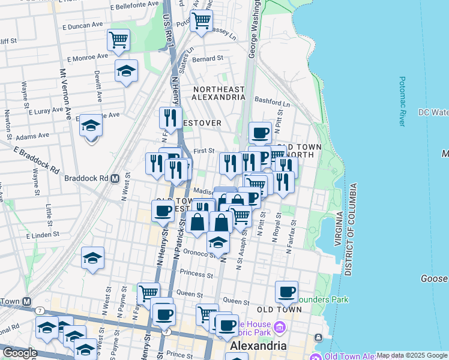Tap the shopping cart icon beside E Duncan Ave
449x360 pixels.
click(x=118, y=40)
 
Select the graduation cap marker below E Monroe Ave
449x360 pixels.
click(x=126, y=71)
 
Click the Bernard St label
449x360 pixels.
click(x=208, y=59)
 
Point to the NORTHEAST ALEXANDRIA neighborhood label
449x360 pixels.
click(x=218, y=93)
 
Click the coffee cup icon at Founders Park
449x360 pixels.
click(x=287, y=292)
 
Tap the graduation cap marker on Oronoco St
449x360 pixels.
click(x=218, y=242)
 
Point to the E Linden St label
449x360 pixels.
click(x=44, y=235)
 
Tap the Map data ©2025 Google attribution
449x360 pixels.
click(x=412, y=355)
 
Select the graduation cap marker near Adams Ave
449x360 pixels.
click(x=91, y=125)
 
